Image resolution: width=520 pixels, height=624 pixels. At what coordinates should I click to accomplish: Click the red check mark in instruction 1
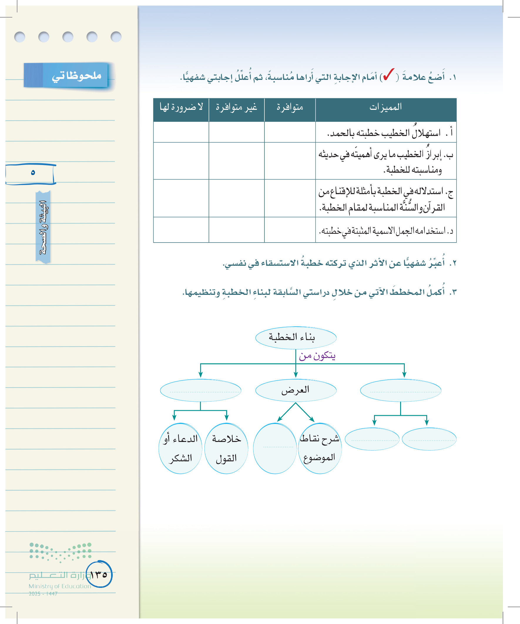coord(388,75)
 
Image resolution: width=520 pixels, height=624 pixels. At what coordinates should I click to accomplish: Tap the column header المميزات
coord(386,107)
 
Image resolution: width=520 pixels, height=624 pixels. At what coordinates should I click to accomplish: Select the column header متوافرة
coord(290,107)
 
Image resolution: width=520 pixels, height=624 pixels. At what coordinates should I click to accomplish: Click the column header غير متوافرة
coord(236,107)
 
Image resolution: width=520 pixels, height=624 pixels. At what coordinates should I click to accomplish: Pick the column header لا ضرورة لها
coord(181,107)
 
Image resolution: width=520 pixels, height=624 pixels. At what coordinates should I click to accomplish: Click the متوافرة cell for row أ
coord(290,132)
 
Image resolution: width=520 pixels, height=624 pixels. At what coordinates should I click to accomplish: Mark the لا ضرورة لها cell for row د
coord(181,230)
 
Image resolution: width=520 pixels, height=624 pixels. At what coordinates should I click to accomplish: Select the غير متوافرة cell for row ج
coord(236,198)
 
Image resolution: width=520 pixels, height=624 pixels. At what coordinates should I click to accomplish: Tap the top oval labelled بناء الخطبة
coord(296,338)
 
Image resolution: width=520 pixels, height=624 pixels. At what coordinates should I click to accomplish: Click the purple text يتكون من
coord(317,356)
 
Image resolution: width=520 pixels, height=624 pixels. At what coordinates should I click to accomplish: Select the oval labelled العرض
coord(296,390)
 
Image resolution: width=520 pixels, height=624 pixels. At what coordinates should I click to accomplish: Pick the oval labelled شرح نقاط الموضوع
coord(320,448)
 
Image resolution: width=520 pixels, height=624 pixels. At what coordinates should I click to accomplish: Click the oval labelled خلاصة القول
coord(226,448)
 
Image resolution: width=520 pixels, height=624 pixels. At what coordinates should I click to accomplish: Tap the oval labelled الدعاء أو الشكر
coord(180,448)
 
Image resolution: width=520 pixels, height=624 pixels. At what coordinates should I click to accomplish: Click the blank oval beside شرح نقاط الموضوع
coord(275,448)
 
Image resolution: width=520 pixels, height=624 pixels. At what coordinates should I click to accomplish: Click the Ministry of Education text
coord(60,586)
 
